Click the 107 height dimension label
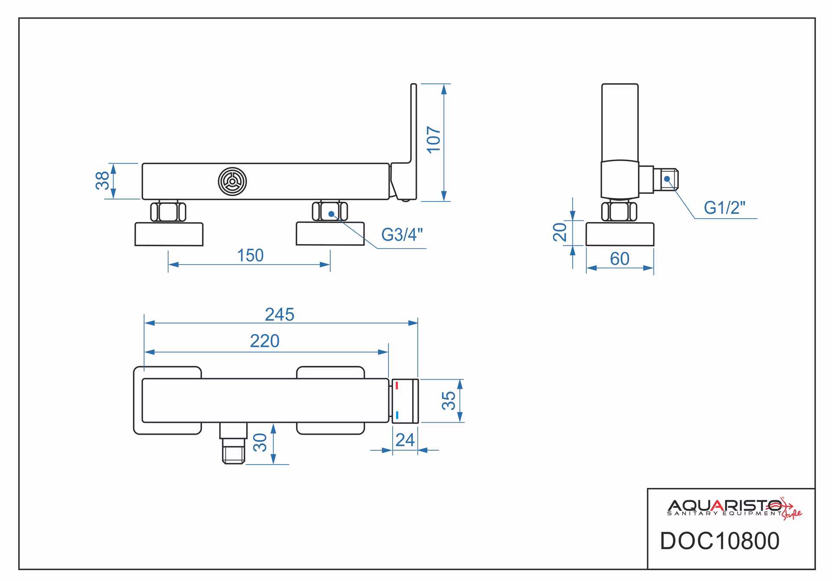(x=434, y=139)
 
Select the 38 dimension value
(x=103, y=181)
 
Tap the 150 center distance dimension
(x=250, y=255)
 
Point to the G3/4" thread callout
(x=402, y=235)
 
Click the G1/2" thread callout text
(x=725, y=208)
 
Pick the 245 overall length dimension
(x=279, y=315)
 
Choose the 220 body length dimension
(x=265, y=341)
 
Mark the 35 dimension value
(x=449, y=400)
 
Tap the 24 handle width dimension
(x=405, y=440)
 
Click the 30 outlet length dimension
(x=260, y=442)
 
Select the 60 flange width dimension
(x=620, y=259)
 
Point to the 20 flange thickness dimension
(x=560, y=232)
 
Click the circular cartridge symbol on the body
(x=232, y=181)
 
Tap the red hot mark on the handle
(x=396, y=386)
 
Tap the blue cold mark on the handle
(x=397, y=415)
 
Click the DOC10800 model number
(x=719, y=541)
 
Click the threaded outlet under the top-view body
(x=233, y=443)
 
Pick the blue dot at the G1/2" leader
(x=667, y=179)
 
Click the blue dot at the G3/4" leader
(x=331, y=214)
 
